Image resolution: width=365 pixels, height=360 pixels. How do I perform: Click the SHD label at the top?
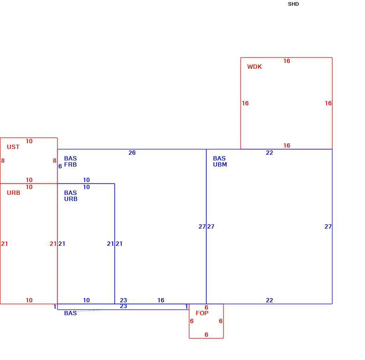[x=293, y=4]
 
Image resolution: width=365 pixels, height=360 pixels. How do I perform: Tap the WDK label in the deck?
[x=254, y=67]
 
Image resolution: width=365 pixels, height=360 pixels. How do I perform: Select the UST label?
[x=13, y=147]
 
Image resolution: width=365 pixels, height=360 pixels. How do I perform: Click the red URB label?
[x=13, y=193]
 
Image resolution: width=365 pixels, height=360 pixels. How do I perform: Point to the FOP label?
[x=202, y=313]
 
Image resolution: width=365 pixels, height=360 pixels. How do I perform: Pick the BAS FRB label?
[x=70, y=161]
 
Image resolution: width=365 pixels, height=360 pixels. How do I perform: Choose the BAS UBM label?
[x=220, y=161]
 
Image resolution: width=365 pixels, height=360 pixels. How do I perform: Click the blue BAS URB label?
[x=70, y=196]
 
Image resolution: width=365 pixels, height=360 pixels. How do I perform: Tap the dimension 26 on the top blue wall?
[x=132, y=153]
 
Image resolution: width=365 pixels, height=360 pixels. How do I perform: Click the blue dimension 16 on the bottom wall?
[x=161, y=300]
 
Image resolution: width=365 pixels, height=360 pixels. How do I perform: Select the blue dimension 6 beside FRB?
[x=60, y=166]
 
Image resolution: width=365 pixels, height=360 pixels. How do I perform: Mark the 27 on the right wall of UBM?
[x=328, y=226]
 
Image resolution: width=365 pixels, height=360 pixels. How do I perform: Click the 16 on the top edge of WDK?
[x=287, y=61]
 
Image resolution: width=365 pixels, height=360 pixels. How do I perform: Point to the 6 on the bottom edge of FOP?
[x=206, y=334]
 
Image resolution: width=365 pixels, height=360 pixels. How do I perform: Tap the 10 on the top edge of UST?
[x=29, y=141]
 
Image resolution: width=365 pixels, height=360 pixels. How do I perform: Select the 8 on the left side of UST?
[x=3, y=160]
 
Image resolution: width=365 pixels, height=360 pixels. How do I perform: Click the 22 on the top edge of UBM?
[x=269, y=153]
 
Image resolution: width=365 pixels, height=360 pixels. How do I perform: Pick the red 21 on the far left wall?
[x=4, y=244]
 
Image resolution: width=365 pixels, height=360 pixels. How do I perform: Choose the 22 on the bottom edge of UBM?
[x=269, y=300]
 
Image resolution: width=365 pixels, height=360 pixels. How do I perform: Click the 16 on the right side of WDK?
[x=328, y=103]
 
